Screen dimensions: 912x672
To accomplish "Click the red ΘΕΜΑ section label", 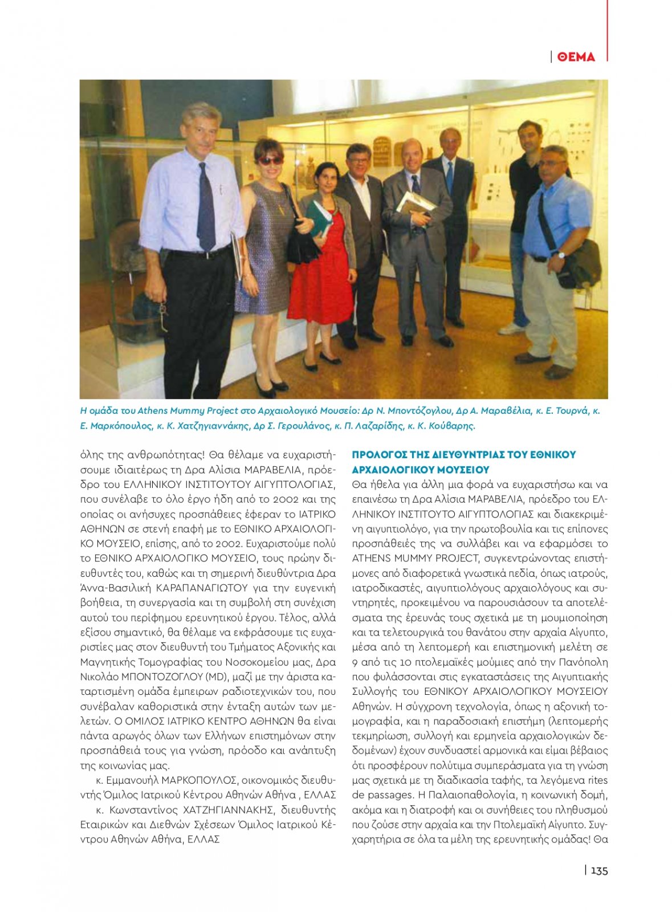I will coord(576,56).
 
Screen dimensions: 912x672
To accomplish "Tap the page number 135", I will coord(599,870).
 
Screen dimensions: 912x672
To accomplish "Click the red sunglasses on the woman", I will coord(270,161).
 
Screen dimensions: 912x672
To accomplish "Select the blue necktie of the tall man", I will coord(205,208).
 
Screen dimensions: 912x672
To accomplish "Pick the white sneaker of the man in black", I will coord(511,329).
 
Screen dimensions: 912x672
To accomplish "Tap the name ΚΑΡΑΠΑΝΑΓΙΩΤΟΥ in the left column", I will coord(202,588).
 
